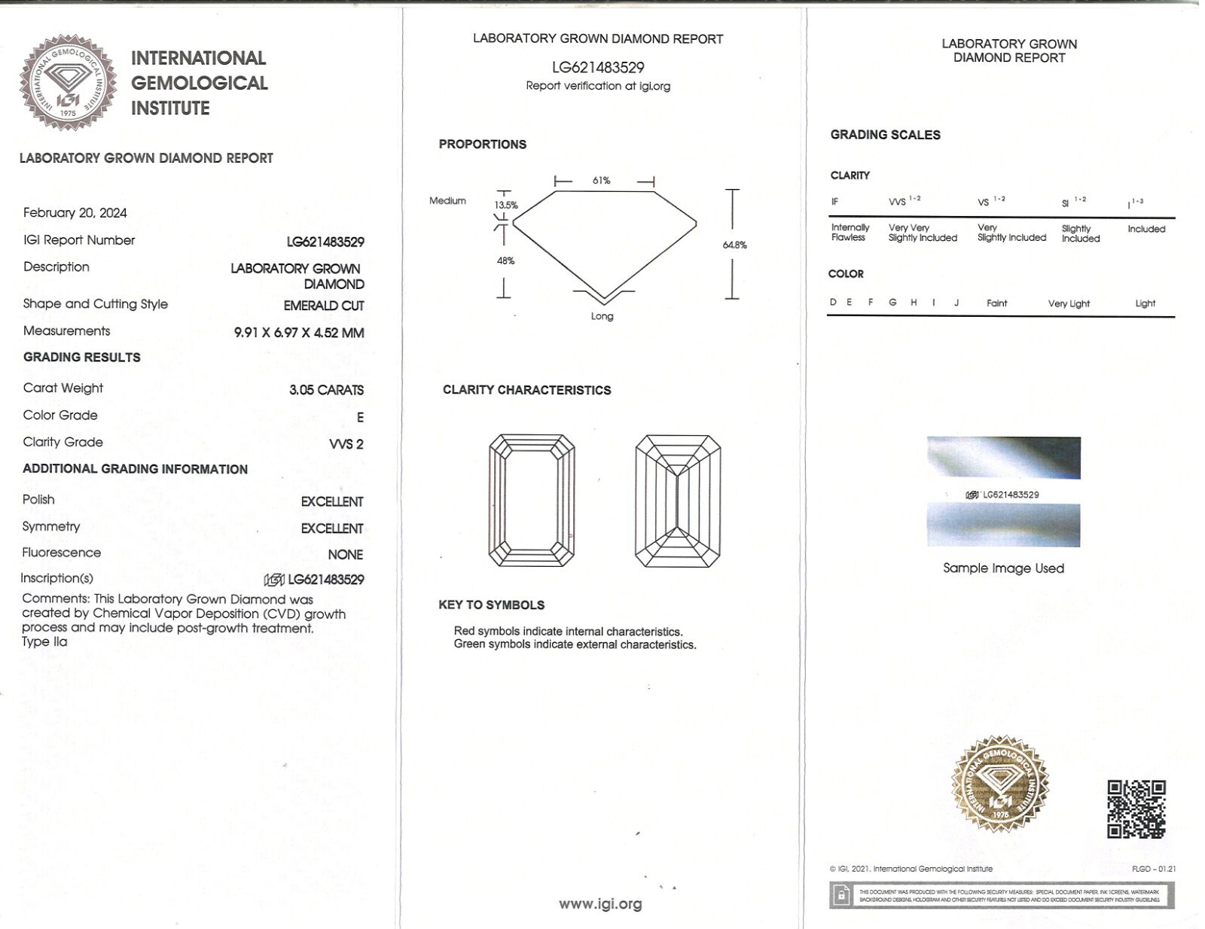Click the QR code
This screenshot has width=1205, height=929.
tap(1136, 809)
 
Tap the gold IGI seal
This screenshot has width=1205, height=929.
tap(1000, 784)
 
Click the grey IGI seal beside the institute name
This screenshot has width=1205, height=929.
tap(68, 82)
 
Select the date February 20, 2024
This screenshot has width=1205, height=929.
tap(75, 213)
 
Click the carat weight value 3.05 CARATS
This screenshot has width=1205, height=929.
tap(326, 390)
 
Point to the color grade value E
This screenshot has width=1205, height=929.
tap(360, 417)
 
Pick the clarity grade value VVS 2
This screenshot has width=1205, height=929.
tap(346, 444)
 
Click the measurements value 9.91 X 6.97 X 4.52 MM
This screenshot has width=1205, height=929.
tap(299, 333)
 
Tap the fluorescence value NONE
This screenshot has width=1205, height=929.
tap(345, 555)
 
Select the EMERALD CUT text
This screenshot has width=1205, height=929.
tap(324, 306)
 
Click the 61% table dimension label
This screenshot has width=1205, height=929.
tap(601, 181)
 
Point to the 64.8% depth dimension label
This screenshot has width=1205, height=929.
tap(734, 245)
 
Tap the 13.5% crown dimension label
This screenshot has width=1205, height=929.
tap(506, 205)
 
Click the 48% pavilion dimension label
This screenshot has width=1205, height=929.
tap(505, 260)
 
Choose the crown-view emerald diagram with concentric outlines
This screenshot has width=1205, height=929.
tap(532, 501)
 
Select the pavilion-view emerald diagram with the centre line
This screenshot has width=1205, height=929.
tap(678, 501)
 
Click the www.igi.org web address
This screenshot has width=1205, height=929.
tap(600, 904)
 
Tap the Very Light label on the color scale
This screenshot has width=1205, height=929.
tap(1069, 303)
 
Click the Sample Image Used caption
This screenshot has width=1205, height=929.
tap(1003, 568)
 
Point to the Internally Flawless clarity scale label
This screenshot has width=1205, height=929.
tap(850, 232)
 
